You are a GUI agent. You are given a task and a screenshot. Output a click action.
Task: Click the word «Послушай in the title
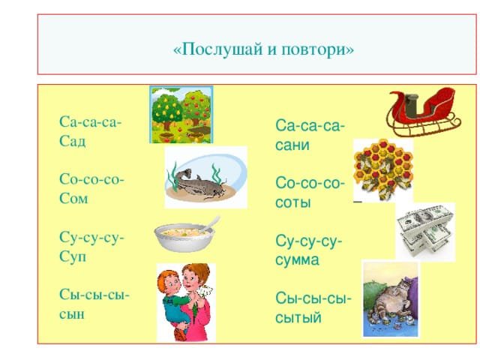coord(218,49)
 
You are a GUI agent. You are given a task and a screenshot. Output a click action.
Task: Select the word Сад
coord(72,141)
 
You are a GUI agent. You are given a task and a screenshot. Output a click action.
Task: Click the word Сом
coord(73,198)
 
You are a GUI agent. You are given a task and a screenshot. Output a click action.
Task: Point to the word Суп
coord(73,256)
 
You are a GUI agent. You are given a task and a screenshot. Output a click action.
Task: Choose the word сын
coord(72,314)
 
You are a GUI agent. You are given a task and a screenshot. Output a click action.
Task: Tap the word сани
coord(292,145)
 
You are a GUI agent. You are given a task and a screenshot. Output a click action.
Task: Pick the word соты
coord(293,202)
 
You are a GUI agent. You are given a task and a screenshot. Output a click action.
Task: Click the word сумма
coord(297,260)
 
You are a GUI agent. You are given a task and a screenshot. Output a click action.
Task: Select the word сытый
coord(298,317)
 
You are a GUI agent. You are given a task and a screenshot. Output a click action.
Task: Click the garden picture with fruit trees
coord(181,115)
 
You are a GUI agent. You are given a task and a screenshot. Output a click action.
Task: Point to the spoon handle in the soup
coord(212,223)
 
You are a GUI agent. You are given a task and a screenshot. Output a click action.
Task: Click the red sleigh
coord(423,112)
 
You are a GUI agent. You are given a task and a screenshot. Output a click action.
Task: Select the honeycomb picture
coord(383,169)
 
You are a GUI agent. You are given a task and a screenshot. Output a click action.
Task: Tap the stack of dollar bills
coord(425,231)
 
